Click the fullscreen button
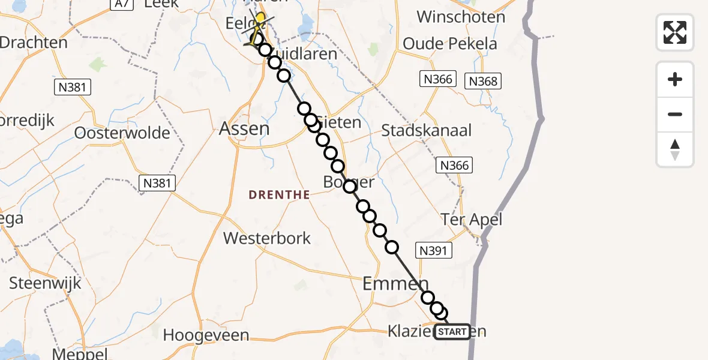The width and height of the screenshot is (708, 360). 675,32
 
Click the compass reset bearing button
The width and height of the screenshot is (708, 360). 675,149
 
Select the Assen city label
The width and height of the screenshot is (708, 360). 244,128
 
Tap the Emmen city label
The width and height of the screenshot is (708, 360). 395,283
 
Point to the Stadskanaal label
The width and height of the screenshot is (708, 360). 427,130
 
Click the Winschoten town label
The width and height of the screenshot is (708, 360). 461,16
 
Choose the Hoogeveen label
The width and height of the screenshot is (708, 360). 206,335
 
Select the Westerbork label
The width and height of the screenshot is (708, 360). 267,238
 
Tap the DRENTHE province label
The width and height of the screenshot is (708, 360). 280,194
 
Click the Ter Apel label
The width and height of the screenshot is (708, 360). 471,220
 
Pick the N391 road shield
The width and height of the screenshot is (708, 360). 434,250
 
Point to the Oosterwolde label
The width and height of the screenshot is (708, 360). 122,133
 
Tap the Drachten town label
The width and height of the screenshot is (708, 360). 33,43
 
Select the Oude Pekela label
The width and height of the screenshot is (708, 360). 450,44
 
